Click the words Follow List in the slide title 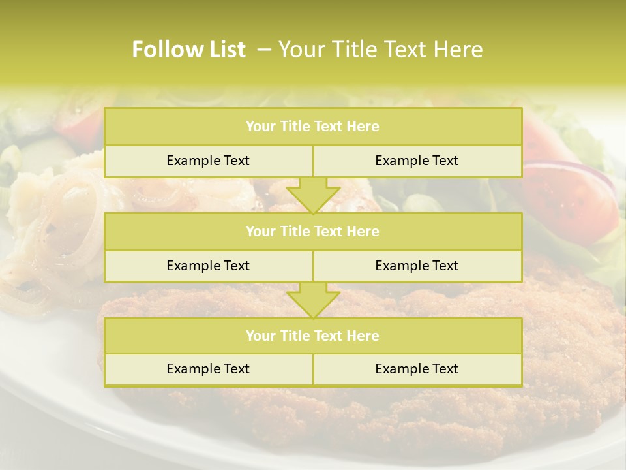(188, 50)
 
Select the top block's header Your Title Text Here (312, 127)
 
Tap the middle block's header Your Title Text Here (312, 232)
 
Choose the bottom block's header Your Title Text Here (312, 336)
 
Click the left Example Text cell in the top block (208, 161)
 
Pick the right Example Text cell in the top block (417, 161)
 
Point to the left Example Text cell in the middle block (208, 266)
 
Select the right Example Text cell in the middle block (417, 266)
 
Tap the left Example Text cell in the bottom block (208, 369)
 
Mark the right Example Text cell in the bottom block (417, 369)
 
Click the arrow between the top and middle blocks (313, 195)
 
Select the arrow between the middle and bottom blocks (313, 300)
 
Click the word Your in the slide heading (301, 50)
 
